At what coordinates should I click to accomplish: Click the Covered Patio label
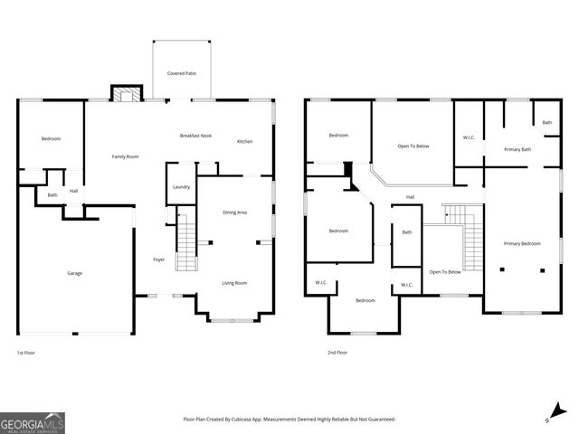pos(184,73)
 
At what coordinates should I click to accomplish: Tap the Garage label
pos(74,273)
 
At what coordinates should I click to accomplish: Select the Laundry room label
pos(181,187)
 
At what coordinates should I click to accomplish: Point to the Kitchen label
pos(245,142)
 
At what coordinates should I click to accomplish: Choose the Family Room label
pos(125,156)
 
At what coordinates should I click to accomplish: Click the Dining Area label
pos(235,212)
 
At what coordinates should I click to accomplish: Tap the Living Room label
pos(235,283)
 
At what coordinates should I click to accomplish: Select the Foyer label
pos(158,259)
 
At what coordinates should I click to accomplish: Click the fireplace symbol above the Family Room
pos(127,93)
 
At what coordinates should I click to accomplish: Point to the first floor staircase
pos(185,240)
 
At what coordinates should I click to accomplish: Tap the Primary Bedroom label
pos(522,243)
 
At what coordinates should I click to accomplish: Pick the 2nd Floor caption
pos(337,353)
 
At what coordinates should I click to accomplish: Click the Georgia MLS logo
pos(33,423)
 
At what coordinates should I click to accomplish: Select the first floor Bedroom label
pos(51,138)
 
